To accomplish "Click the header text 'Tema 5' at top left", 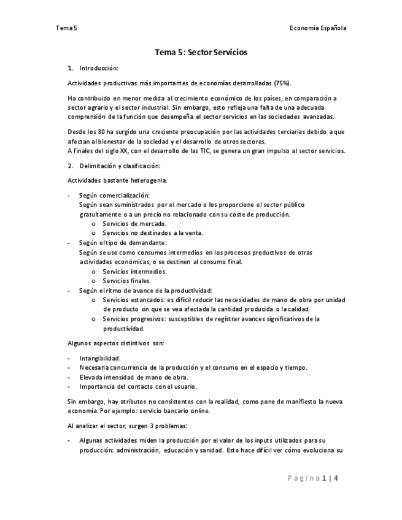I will (66, 28).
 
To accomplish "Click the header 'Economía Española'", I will (318, 28).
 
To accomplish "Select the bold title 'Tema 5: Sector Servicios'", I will (201, 53).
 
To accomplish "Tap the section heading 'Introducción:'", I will (99, 68).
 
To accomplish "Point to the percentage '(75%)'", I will (282, 83).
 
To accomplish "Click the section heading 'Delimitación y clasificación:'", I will (120, 166).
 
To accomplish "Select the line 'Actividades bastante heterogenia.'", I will (117, 180).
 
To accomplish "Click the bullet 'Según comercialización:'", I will (114, 195).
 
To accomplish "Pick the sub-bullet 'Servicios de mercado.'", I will (134, 224).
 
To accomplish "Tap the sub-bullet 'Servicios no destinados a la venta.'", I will (153, 233).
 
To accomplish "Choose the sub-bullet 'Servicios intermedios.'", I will (134, 271).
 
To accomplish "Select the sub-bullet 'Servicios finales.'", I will (127, 281).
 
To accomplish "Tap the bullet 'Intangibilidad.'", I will (100, 358).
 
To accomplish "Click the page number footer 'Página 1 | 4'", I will (312, 479).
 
